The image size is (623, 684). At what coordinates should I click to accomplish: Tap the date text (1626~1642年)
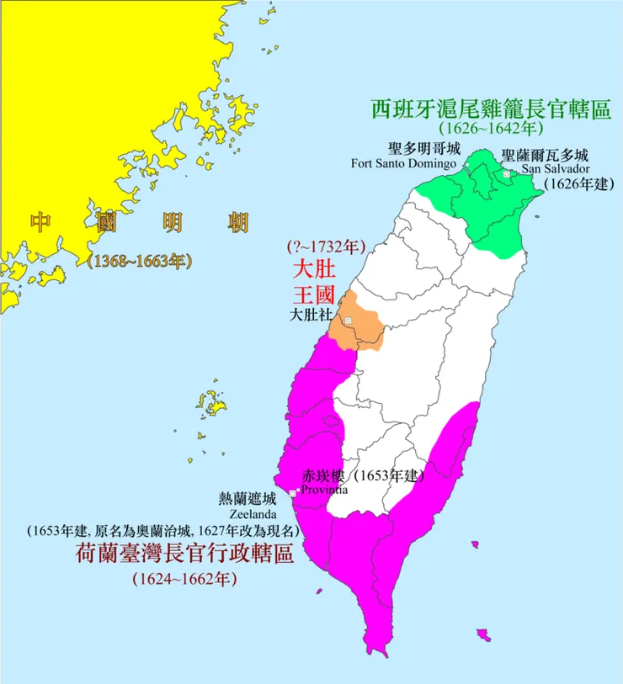pos(491,129)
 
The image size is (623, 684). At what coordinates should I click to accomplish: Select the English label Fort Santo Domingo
pos(403,162)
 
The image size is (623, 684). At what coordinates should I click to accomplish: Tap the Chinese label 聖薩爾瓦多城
pos(544,155)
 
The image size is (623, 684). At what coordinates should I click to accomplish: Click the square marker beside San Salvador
pos(506,173)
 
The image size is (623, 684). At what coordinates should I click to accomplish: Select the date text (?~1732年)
pos(325,248)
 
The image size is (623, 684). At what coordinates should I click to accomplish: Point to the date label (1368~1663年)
pos(139,261)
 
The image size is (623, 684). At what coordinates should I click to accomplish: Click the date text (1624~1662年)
pos(184,579)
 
